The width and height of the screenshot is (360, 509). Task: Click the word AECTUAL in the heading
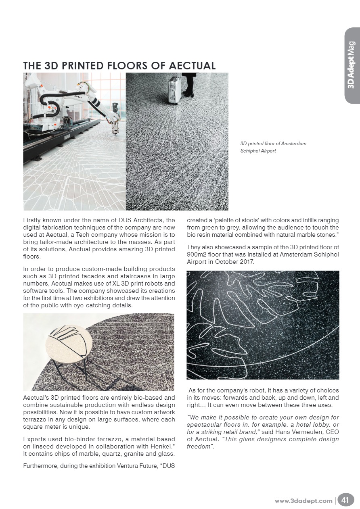tap(189, 66)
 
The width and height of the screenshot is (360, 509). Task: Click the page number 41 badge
tap(345, 501)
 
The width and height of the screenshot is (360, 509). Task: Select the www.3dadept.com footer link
tap(303, 501)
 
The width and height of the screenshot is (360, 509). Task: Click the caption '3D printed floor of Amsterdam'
tap(273, 144)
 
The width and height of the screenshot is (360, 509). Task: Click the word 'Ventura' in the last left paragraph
tap(126, 466)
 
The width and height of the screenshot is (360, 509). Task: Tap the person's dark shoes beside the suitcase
tap(188, 94)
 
